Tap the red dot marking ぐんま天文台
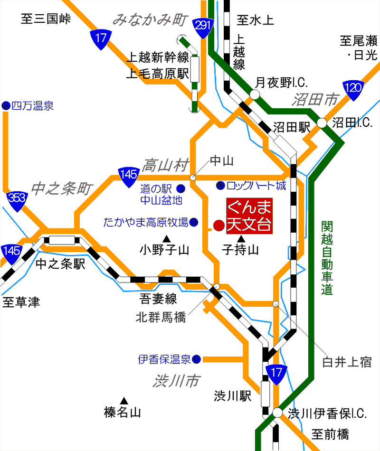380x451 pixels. click(x=218, y=225)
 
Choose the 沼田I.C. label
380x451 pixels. click(x=352, y=123)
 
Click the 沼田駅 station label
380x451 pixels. click(x=291, y=127)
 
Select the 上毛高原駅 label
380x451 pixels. click(x=157, y=73)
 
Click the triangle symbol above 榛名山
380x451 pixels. click(x=124, y=401)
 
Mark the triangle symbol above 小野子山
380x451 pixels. click(x=166, y=238)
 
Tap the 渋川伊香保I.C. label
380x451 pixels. click(x=328, y=414)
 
